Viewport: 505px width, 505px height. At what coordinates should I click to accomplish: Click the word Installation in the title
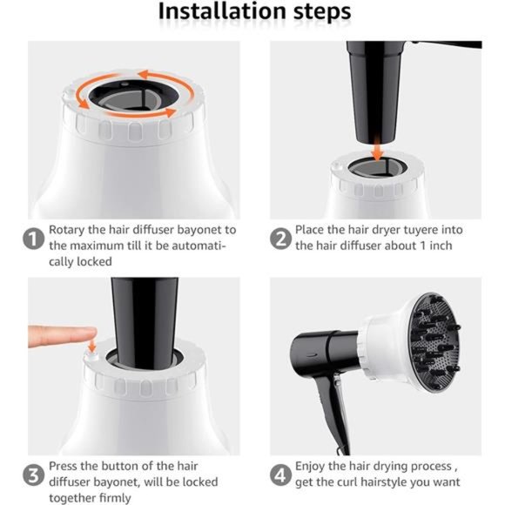(222, 11)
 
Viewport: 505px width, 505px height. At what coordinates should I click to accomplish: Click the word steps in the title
(322, 13)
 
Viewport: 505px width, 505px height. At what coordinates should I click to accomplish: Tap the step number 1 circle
(33, 239)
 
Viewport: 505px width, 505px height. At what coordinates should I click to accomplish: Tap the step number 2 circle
(280, 239)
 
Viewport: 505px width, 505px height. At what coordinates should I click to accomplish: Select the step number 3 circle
(33, 475)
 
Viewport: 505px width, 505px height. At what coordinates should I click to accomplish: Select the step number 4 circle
(280, 475)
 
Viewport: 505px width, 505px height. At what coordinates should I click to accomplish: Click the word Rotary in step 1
(67, 231)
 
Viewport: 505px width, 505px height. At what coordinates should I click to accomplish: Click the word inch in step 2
(441, 246)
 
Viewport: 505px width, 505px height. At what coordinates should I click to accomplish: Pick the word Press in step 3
(63, 466)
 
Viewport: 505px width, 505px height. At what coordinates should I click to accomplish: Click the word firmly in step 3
(115, 498)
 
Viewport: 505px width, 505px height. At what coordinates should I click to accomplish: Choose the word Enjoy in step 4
(309, 467)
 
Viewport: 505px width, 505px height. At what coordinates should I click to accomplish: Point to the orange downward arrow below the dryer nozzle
(377, 149)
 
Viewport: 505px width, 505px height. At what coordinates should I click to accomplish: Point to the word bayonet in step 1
(199, 231)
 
